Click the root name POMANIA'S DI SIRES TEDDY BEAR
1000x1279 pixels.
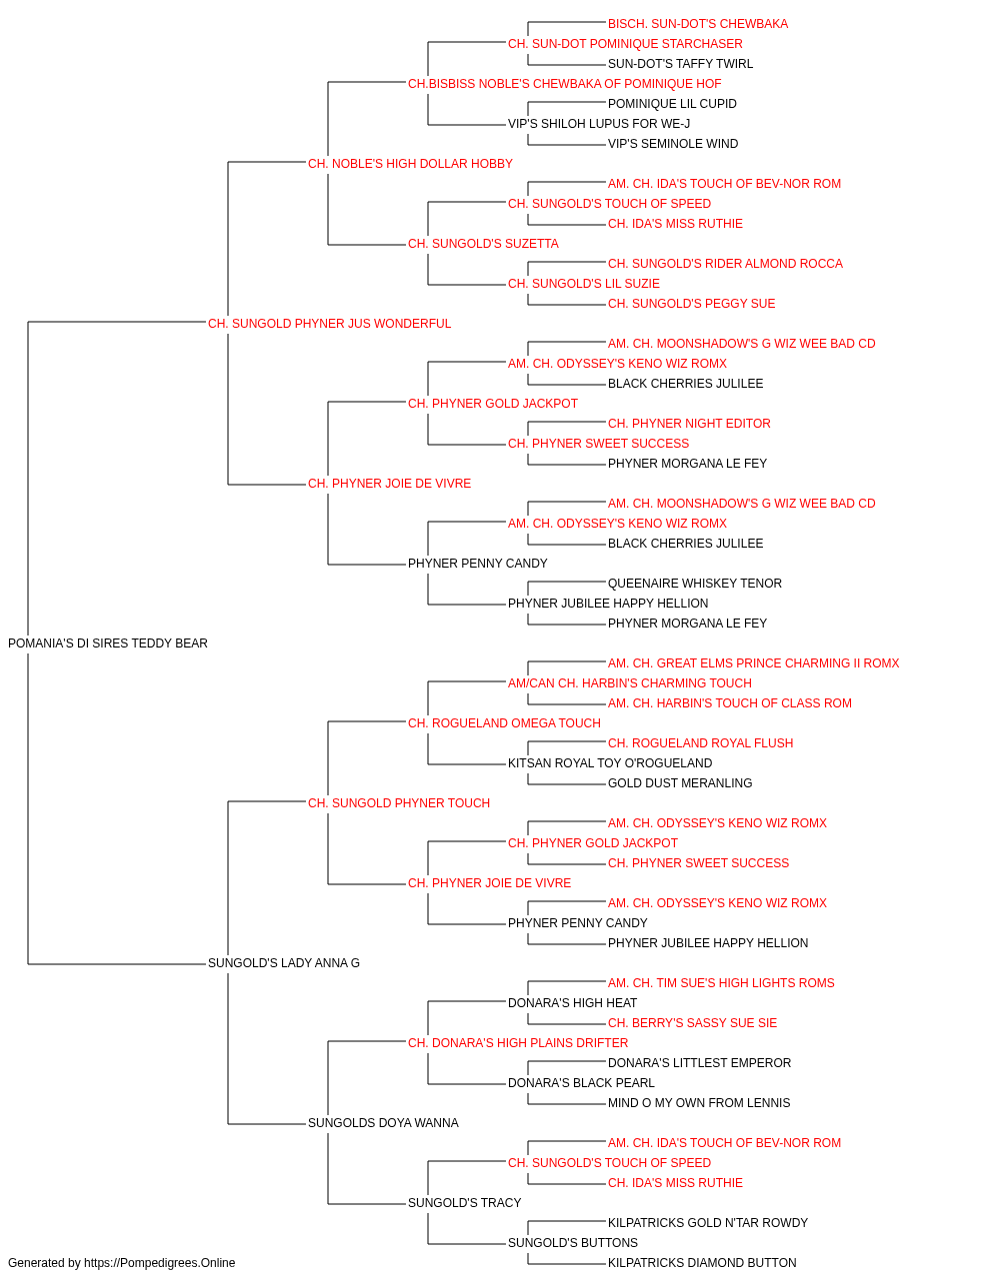pos(108,643)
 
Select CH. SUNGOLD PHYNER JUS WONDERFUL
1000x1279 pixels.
pos(329,324)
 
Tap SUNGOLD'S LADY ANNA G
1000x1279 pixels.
pos(284,963)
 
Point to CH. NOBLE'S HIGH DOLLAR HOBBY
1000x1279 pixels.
pos(410,164)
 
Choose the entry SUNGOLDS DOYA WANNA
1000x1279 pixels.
pos(383,1123)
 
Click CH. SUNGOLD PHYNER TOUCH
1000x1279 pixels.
pos(399,803)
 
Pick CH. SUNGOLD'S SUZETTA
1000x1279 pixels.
pos(484,244)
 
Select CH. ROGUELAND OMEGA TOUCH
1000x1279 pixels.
pos(505,723)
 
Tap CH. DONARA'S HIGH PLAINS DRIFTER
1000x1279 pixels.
pos(518,1043)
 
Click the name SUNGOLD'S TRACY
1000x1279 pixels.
pos(465,1203)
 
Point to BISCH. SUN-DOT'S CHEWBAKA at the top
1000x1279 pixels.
pos(698,24)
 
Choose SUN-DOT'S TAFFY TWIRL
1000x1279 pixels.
pos(680,64)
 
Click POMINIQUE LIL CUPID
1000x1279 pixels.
pos(672,104)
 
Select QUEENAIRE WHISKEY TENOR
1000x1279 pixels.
pos(695,584)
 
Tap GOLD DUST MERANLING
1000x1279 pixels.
pos(680,783)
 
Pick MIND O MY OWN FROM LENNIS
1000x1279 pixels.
pos(699,1103)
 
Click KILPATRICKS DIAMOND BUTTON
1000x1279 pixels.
pos(702,1263)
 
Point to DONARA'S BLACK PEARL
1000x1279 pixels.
pos(581,1083)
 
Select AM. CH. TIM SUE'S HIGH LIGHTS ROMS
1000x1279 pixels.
pos(721,983)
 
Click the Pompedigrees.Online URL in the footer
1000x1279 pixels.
pos(160,1263)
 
